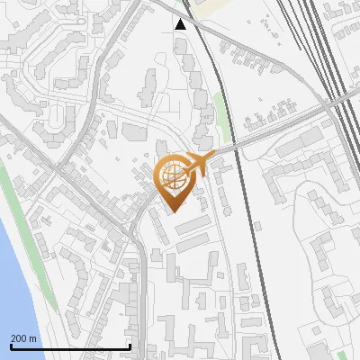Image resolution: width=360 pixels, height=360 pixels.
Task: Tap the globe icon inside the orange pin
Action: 173,173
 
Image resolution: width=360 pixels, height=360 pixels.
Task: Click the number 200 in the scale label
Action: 20,338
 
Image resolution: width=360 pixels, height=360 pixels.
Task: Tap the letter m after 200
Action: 33,338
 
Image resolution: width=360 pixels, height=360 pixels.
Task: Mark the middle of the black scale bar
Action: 70,346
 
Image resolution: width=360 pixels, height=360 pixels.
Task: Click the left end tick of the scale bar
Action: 11,346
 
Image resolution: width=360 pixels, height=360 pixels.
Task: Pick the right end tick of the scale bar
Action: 130,346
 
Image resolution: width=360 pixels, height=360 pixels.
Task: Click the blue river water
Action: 11,270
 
